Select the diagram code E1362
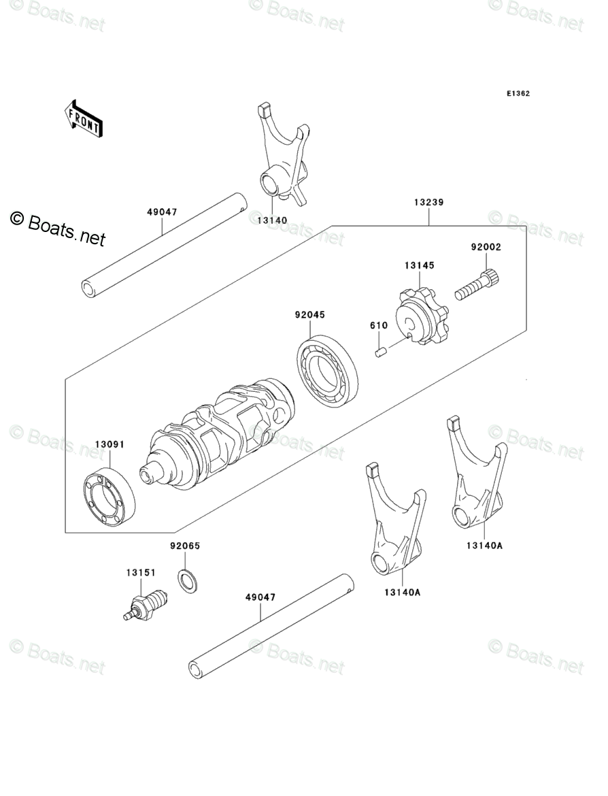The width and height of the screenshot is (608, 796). [x=517, y=94]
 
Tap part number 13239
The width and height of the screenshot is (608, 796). [x=428, y=202]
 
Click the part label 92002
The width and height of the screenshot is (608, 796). [x=486, y=247]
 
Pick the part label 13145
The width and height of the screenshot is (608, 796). [x=419, y=265]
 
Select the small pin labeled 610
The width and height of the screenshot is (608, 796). [x=382, y=351]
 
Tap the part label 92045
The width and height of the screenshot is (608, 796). [x=309, y=315]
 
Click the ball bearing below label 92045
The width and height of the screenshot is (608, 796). [x=328, y=371]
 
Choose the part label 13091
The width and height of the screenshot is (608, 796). [x=109, y=444]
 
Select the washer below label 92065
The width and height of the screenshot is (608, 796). [x=187, y=580]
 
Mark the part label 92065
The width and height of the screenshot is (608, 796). [x=185, y=546]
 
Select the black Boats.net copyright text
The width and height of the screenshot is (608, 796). [x=58, y=229]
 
